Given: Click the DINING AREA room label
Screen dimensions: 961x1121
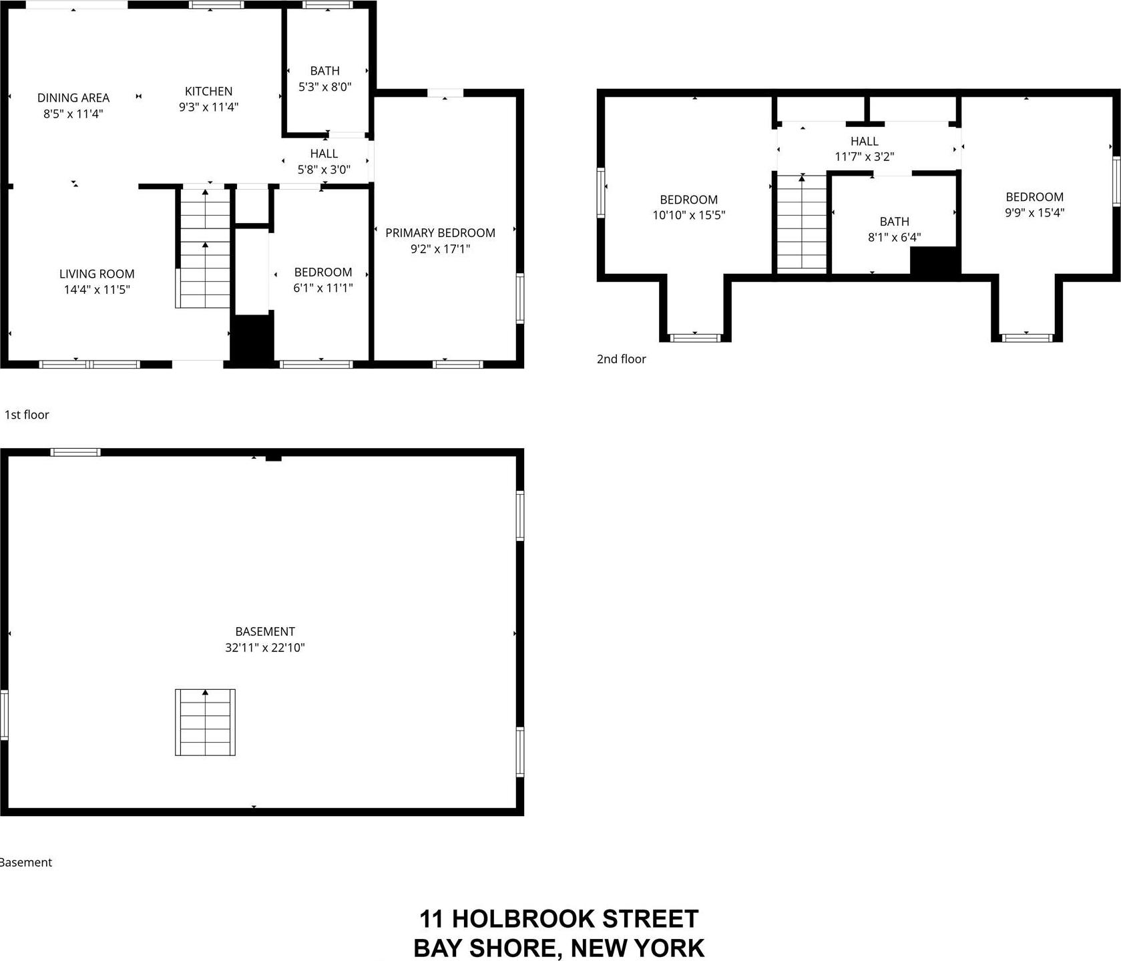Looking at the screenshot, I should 73,98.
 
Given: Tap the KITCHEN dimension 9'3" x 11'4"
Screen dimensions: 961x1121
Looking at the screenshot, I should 208,107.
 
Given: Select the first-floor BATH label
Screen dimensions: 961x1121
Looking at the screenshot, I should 324,71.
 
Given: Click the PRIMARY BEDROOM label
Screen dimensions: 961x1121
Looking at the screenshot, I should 440,233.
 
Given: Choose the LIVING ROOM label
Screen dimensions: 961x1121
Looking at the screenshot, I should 97,274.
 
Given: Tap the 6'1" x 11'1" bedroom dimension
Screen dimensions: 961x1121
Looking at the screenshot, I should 323,288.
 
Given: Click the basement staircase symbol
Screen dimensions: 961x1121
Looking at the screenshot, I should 205,722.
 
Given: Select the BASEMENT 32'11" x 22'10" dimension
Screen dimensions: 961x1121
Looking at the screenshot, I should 265,647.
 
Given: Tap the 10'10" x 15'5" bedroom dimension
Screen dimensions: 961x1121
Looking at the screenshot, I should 688,215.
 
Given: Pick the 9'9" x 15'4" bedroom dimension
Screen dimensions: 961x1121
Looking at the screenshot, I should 1034,212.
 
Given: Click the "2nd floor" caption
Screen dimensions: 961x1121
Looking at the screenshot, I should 621,359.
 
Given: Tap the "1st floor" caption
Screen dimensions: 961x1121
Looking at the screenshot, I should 27,415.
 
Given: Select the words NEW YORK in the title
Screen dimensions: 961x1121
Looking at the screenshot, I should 638,948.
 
